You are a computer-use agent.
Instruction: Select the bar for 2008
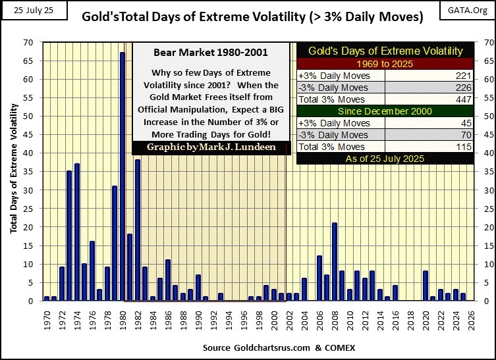(335, 262)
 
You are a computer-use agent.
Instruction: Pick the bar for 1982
(138, 230)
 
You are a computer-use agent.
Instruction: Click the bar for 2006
(319, 278)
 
